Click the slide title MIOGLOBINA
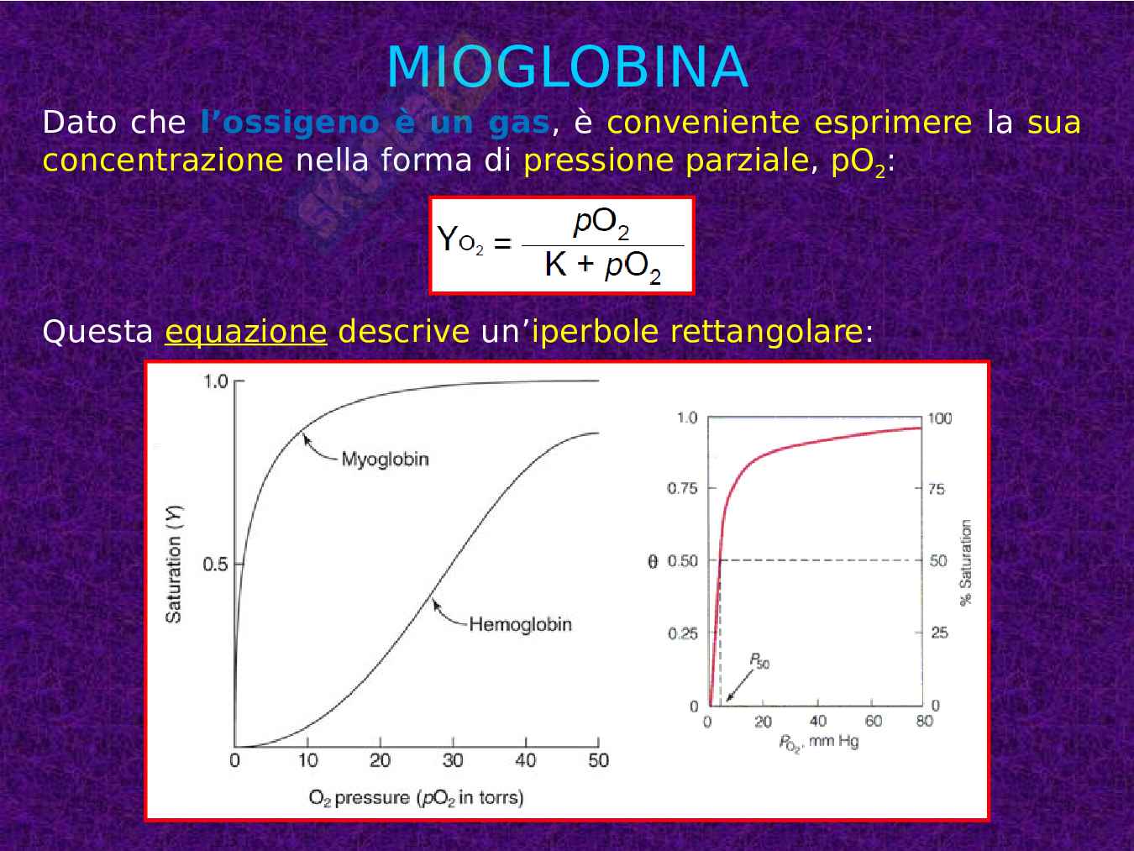click(x=567, y=67)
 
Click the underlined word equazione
click(x=245, y=332)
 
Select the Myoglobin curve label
click(x=385, y=460)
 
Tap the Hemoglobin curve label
click(x=520, y=624)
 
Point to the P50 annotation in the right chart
click(x=759, y=662)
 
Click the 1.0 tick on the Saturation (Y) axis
click(x=216, y=381)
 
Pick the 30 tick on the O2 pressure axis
click(x=453, y=760)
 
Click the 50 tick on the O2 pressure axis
click(x=598, y=760)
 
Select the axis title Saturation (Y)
click(x=174, y=564)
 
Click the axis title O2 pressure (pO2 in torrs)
click(x=416, y=797)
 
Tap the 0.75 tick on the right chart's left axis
click(x=682, y=489)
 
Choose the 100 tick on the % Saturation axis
click(x=940, y=418)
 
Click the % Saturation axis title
click(x=966, y=562)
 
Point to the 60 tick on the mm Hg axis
click(x=874, y=721)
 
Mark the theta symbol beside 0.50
click(x=653, y=561)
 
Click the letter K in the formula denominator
click(x=555, y=265)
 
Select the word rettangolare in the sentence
click(x=765, y=332)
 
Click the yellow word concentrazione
click(x=163, y=160)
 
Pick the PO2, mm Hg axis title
click(x=817, y=743)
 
